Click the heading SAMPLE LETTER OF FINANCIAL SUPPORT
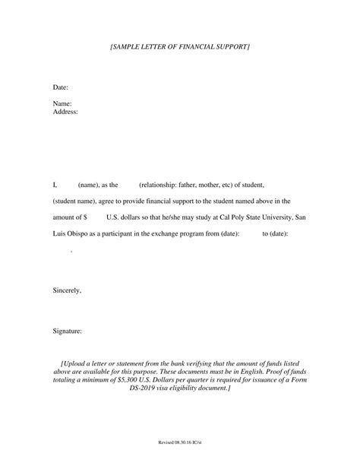tap(180, 47)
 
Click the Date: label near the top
tap(61, 87)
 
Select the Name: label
tap(62, 103)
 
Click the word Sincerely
tap(67, 290)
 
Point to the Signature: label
tap(68, 331)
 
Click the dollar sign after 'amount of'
tap(85, 217)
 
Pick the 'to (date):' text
tap(275, 234)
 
